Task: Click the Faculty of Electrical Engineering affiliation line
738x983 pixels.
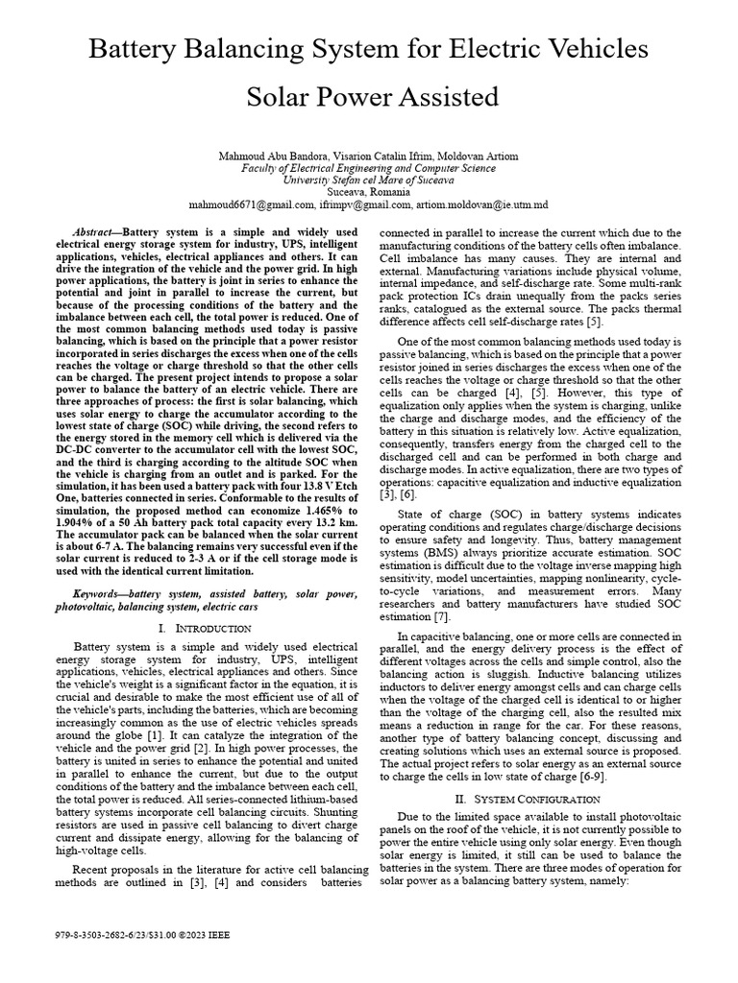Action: point(368,167)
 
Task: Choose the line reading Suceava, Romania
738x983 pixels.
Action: point(368,191)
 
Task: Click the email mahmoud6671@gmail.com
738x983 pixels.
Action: point(252,204)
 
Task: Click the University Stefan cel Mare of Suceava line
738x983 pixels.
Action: point(368,180)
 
